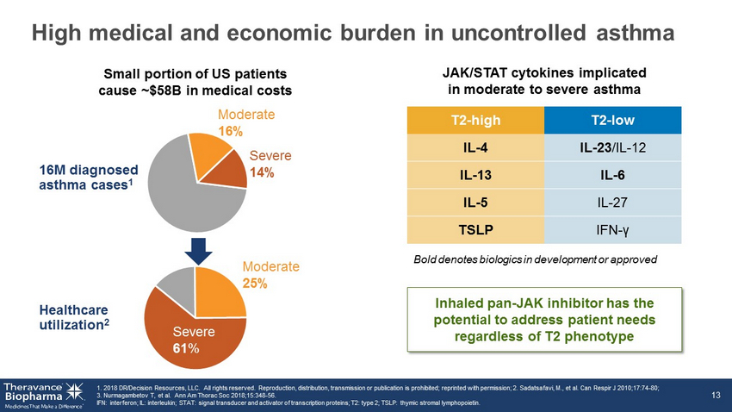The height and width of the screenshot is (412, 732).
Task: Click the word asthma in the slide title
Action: coord(631,33)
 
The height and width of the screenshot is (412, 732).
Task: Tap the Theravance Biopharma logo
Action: coord(42,393)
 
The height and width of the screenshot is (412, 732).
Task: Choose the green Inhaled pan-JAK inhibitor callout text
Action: coord(548,320)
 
